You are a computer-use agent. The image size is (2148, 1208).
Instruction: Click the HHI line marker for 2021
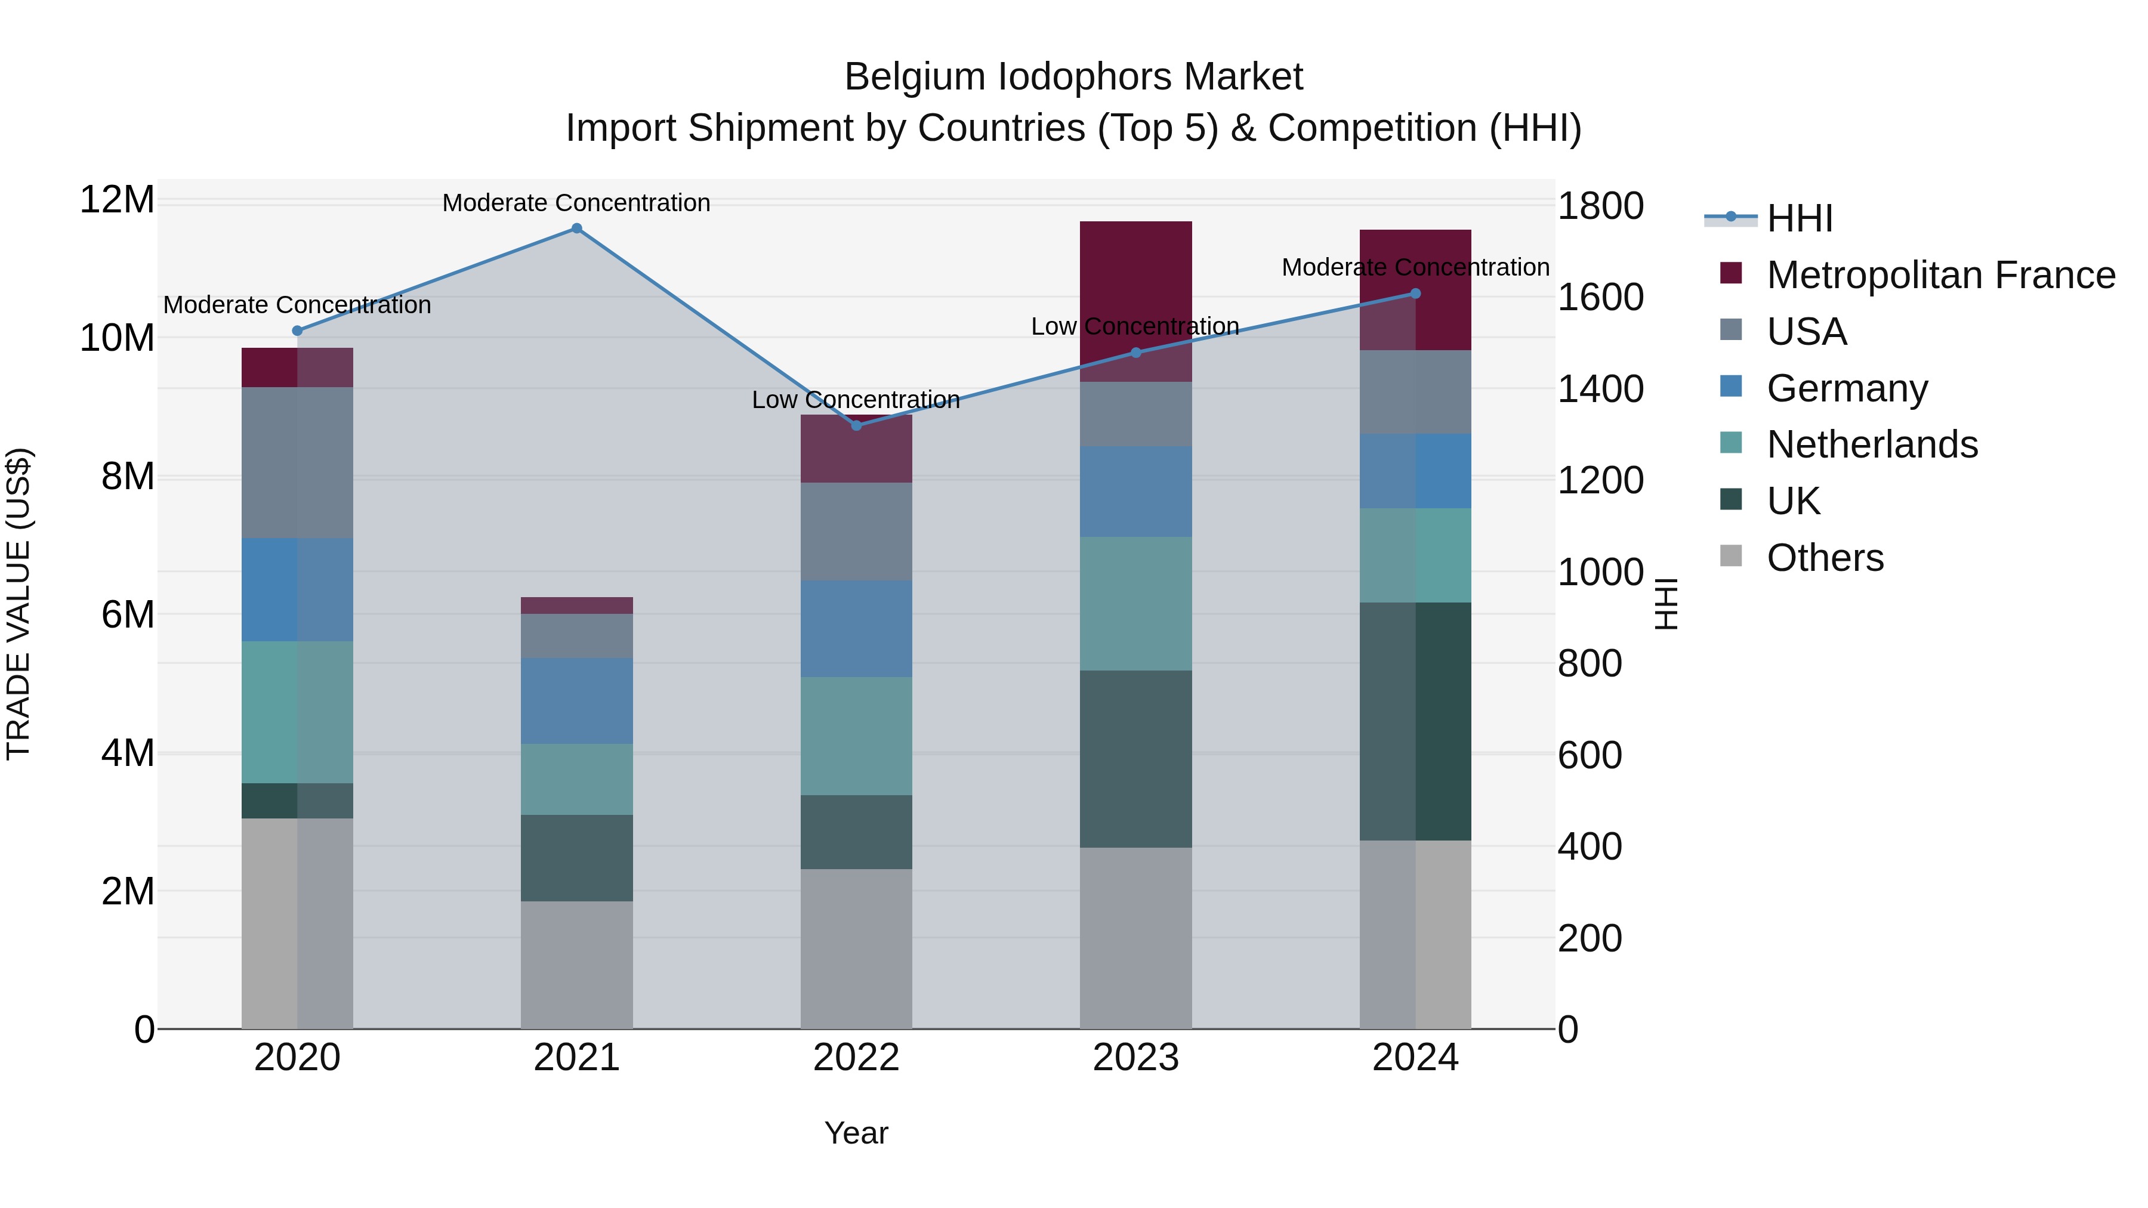pyautogui.click(x=576, y=228)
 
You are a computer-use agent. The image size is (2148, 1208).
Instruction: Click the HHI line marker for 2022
pyautogui.click(x=856, y=426)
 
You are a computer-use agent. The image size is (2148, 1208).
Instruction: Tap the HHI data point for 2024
pyautogui.click(x=1415, y=293)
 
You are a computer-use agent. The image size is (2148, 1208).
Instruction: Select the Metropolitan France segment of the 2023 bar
pyautogui.click(x=1135, y=283)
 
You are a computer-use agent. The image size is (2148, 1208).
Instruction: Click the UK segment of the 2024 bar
pyautogui.click(x=1415, y=721)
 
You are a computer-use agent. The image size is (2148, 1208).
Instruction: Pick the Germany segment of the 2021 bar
pyautogui.click(x=576, y=700)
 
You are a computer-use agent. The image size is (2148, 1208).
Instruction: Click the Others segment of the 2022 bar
pyautogui.click(x=856, y=949)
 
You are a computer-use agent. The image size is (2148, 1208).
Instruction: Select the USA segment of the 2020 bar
pyautogui.click(x=297, y=463)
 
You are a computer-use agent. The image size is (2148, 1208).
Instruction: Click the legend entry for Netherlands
pyautogui.click(x=1871, y=444)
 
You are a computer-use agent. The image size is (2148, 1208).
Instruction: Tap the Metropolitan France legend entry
pyautogui.click(x=1940, y=275)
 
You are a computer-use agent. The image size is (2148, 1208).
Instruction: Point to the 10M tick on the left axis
pyautogui.click(x=117, y=338)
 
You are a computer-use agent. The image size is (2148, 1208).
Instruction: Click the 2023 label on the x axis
pyautogui.click(x=1135, y=1058)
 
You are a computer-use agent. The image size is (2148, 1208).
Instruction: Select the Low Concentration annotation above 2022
pyautogui.click(x=856, y=400)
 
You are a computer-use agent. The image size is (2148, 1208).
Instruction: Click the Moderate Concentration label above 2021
pyautogui.click(x=576, y=203)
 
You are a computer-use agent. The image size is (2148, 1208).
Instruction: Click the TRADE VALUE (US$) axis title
pyautogui.click(x=19, y=604)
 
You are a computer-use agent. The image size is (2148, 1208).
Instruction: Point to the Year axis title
pyautogui.click(x=856, y=1133)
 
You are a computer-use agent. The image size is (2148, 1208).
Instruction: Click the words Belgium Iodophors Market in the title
pyautogui.click(x=1073, y=77)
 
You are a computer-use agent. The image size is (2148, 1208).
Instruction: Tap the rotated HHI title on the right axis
pyautogui.click(x=1665, y=604)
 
